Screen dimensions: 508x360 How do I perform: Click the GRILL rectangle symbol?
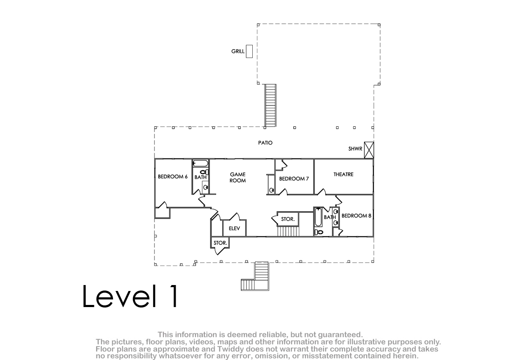(x=249, y=51)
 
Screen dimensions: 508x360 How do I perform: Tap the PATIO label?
(x=265, y=143)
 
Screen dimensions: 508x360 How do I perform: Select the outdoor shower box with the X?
(x=369, y=150)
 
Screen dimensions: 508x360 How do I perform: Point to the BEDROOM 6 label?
(x=173, y=177)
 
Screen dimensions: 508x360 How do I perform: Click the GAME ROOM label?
(x=237, y=177)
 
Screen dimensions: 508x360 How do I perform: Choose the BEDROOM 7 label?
(x=294, y=179)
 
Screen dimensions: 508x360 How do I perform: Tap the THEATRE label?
(x=343, y=174)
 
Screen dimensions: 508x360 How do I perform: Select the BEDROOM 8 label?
(x=356, y=216)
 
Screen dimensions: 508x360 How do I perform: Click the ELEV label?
(x=234, y=228)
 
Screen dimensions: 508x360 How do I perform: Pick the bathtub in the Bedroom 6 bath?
(x=201, y=163)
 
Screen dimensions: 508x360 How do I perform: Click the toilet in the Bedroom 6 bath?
(x=204, y=172)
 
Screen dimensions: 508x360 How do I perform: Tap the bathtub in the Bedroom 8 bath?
(x=318, y=217)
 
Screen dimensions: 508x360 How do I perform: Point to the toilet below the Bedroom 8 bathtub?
(x=319, y=232)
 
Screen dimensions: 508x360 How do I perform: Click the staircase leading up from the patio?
(x=271, y=105)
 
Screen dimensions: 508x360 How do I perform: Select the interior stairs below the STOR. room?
(x=288, y=231)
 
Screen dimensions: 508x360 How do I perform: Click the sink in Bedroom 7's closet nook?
(x=271, y=190)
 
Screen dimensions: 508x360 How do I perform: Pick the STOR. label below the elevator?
(x=220, y=243)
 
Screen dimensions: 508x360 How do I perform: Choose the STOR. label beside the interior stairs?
(x=288, y=219)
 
